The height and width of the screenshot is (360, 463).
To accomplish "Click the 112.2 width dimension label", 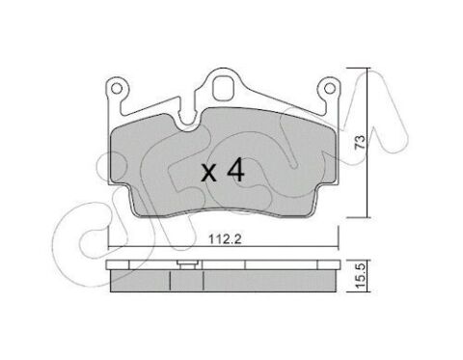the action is click(225, 239).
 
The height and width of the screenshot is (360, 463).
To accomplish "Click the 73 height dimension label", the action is click(360, 142).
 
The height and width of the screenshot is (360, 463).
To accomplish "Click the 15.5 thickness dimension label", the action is click(361, 276).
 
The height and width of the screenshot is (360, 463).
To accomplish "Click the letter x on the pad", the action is click(209, 174).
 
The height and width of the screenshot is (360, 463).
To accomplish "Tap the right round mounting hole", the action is click(329, 88).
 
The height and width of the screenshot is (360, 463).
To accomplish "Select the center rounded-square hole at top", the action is click(223, 88).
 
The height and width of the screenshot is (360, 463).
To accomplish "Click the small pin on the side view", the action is click(186, 265).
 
